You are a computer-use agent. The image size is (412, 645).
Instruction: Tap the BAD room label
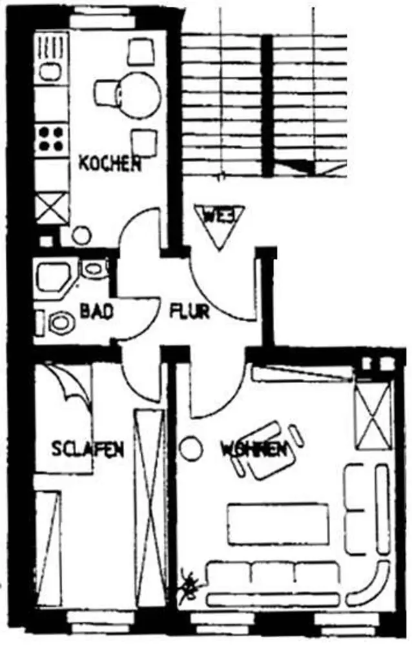97,312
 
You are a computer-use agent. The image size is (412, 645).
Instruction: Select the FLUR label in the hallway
189,312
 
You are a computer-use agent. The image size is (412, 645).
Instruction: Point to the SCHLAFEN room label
88,449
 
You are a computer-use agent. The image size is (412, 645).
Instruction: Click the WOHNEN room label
253,449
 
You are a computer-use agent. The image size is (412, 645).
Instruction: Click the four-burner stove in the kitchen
51,138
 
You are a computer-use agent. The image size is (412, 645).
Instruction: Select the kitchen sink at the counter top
50,70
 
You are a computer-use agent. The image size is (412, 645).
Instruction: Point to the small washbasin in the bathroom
93,268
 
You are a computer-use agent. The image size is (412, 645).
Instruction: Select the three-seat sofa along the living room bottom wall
273,583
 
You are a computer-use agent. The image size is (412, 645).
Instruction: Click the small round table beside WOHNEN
191,448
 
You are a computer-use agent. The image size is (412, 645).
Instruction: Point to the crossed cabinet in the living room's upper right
375,416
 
